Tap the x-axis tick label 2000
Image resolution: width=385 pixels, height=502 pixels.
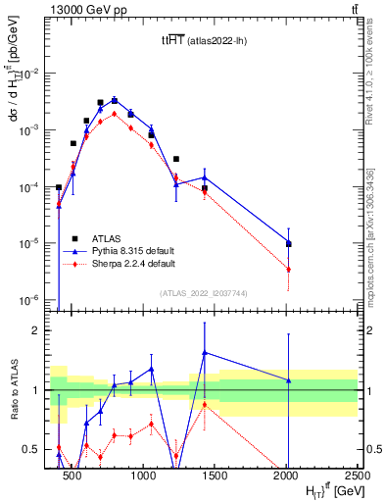point(287,476)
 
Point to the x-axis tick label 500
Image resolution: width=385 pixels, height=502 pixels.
point(72,476)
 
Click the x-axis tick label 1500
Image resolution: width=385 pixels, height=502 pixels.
point(215,476)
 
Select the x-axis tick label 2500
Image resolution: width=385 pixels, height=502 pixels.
point(357,476)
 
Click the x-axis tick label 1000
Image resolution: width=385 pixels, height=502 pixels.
point(143,476)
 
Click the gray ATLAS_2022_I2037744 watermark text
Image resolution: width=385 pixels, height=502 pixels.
point(204,293)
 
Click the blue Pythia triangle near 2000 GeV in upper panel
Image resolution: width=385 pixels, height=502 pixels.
point(288,242)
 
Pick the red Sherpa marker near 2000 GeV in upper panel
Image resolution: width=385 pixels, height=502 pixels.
point(288,269)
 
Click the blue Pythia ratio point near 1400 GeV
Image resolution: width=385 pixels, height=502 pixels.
point(204,352)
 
